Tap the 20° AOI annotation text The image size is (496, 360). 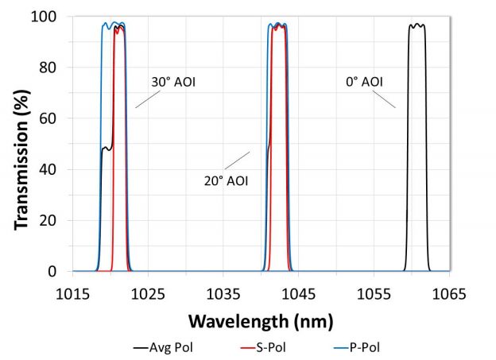tap(227, 180)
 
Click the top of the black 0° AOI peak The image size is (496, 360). tap(417, 25)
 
